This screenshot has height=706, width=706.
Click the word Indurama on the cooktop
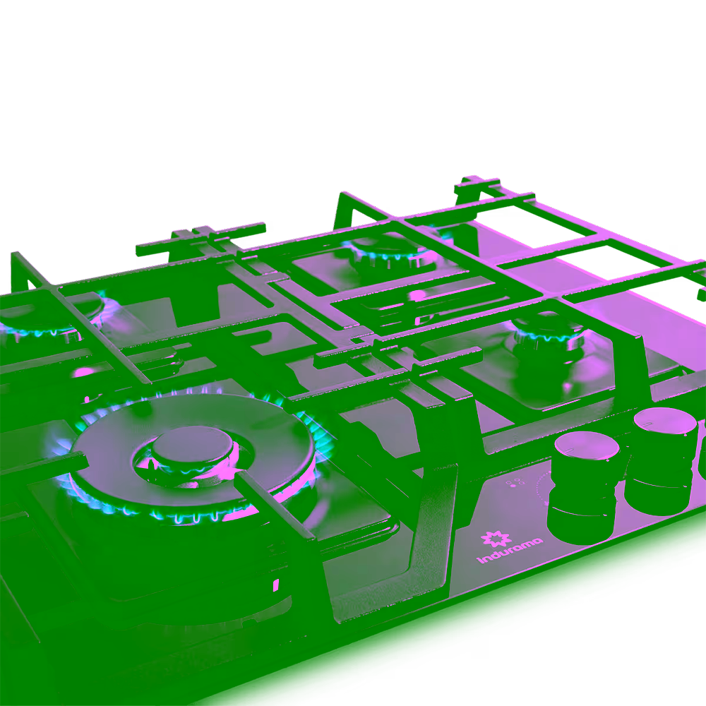click(510, 550)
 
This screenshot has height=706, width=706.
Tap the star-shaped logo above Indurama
click(496, 539)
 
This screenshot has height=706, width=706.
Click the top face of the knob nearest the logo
click(587, 445)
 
